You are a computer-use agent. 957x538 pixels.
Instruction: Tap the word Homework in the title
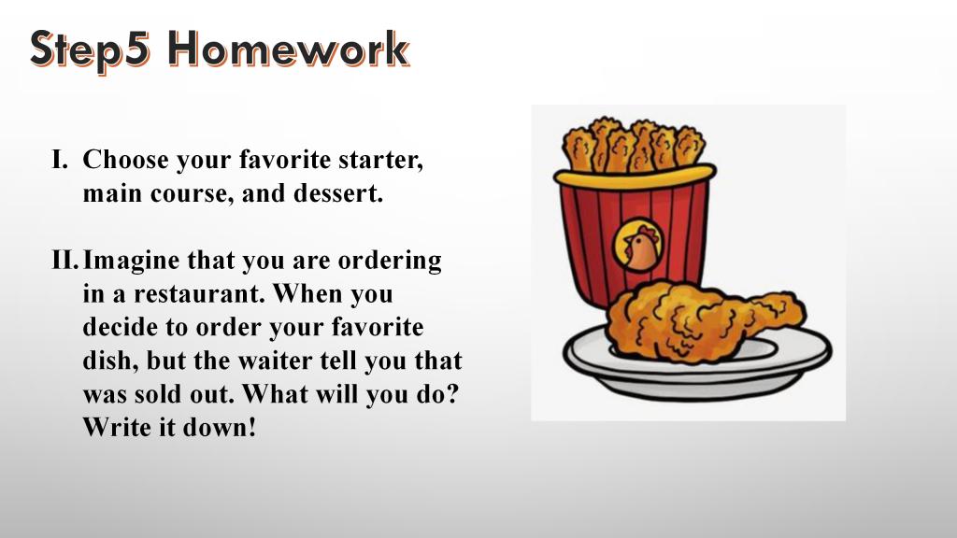pos(289,49)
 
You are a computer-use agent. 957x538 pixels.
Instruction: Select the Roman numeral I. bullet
pos(60,160)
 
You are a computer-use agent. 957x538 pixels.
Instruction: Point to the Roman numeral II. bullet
pos(65,261)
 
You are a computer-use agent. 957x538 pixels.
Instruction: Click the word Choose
pos(126,160)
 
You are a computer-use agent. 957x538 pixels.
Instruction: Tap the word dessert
pos(338,193)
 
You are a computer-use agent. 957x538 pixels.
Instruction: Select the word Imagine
pos(132,262)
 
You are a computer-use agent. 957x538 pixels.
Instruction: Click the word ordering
pos(390,262)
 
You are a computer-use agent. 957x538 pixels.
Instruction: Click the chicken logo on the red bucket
pos(637,245)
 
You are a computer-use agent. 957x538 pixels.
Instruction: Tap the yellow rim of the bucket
pos(635,176)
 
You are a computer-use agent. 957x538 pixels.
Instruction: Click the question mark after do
pos(451,394)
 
